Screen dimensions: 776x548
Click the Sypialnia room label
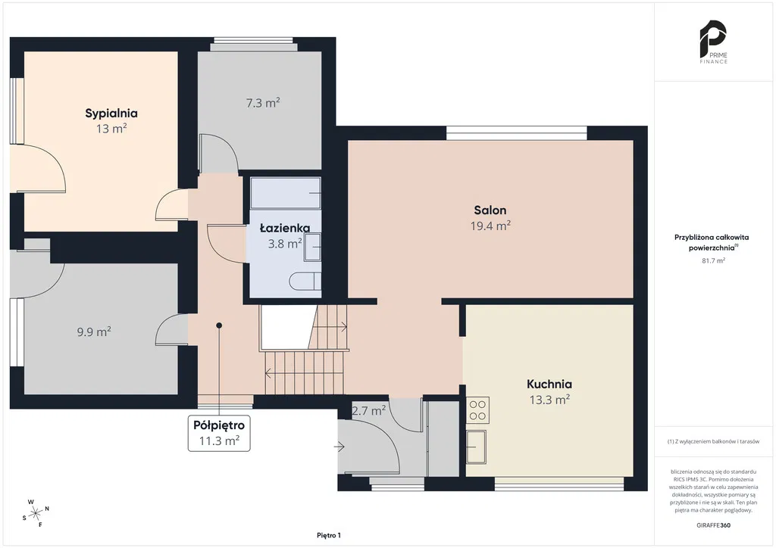click(x=111, y=114)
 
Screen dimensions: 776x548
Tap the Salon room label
click(x=490, y=210)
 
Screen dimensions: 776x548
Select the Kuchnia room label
click(x=549, y=384)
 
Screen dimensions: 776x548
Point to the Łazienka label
click(x=285, y=228)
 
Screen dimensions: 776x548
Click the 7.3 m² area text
click(x=263, y=103)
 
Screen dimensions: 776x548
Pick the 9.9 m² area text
click(x=93, y=332)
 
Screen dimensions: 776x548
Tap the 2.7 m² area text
click(x=369, y=410)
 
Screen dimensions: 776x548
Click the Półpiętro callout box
click(x=219, y=434)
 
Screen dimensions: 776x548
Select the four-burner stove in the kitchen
click(x=477, y=409)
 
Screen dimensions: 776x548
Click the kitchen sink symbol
click(x=476, y=447)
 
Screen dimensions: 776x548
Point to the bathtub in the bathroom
click(x=286, y=193)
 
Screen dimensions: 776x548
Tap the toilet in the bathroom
click(x=305, y=281)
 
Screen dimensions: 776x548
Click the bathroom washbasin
click(x=312, y=247)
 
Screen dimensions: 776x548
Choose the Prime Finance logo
click(x=713, y=42)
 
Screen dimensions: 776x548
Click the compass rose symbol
click(x=36, y=514)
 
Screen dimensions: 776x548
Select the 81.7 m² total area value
click(x=713, y=260)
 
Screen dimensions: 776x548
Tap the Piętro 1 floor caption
click(x=329, y=535)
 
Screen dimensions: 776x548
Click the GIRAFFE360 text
click(x=713, y=525)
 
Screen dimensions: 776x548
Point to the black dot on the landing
click(x=219, y=325)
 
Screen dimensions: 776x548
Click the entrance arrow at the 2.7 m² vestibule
click(x=339, y=447)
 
